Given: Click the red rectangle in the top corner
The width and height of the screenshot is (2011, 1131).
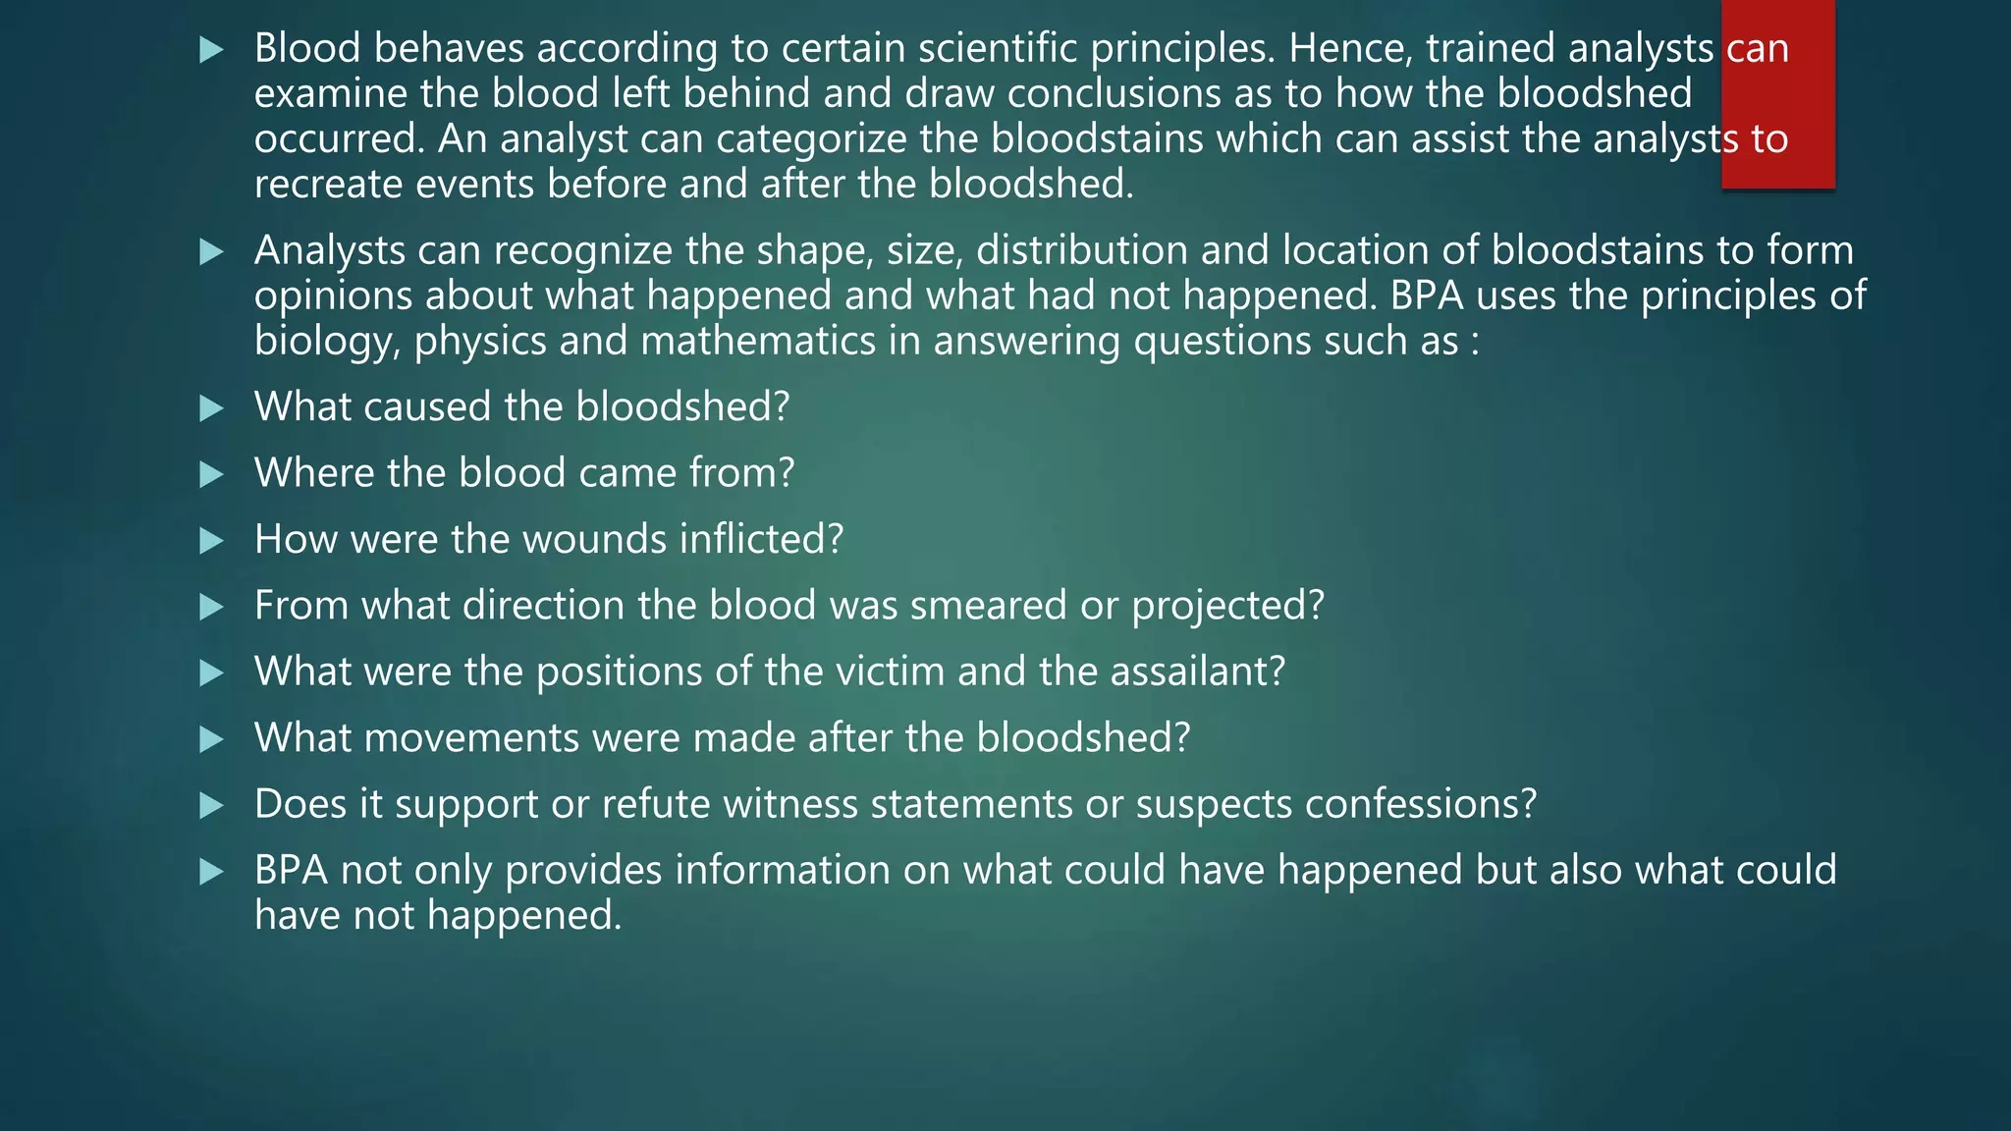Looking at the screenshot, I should (1777, 94).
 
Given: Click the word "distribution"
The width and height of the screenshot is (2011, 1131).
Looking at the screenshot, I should (1081, 250).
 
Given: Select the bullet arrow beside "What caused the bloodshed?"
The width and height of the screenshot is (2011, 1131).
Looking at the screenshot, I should (211, 407).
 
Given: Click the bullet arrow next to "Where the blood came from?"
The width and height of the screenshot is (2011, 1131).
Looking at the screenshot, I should (211, 474).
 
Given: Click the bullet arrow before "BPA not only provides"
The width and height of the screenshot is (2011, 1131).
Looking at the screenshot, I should (211, 871).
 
